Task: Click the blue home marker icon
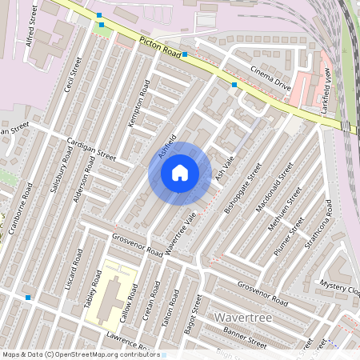tap(179, 173)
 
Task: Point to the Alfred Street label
tap(33, 26)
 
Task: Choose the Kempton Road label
tap(139, 103)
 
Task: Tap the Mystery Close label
tap(340, 284)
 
